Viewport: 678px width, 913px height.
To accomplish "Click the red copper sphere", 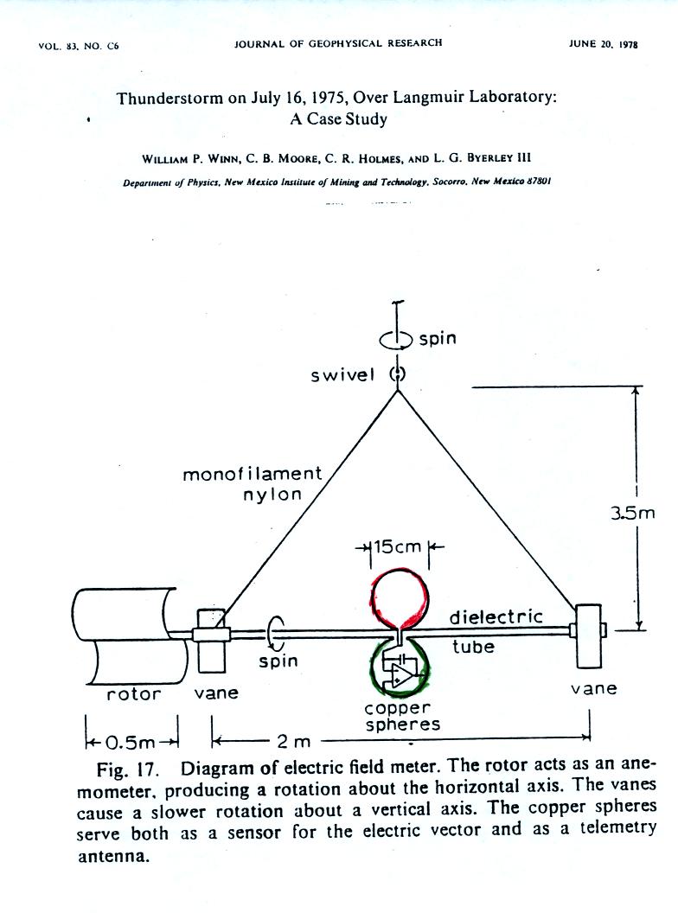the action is [371, 600].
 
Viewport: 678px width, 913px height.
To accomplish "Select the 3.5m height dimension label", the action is [632, 513].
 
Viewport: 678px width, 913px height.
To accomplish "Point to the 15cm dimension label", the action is [397, 546].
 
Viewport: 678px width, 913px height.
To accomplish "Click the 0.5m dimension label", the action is [131, 743].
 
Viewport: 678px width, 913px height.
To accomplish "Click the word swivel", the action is [342, 375].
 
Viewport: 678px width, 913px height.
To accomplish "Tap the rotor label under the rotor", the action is [133, 694].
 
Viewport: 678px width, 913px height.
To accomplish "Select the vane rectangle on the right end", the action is [588, 636].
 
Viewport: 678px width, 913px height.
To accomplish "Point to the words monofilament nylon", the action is [253, 484].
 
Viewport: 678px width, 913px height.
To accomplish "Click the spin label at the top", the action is [438, 339].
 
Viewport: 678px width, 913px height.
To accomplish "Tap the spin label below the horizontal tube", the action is [278, 661].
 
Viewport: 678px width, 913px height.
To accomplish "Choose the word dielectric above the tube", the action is [496, 616].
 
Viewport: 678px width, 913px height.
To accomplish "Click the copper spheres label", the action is [402, 716].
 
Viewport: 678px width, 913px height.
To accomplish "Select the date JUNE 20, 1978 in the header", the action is [603, 44].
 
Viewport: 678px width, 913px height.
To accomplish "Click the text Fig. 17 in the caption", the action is [128, 769].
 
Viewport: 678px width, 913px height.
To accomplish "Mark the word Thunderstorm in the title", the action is [169, 97].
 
